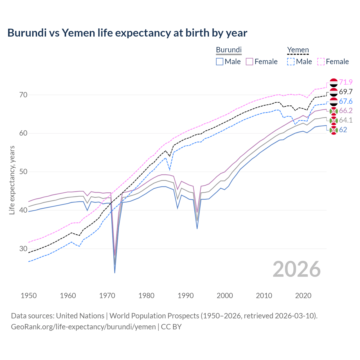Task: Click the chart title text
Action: [127, 33]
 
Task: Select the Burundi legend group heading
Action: [229, 50]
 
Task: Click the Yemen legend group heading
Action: [298, 50]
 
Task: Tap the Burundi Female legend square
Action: [249, 62]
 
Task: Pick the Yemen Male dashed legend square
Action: [291, 62]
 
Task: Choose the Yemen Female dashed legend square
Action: [321, 62]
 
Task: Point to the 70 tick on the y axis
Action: [23, 95]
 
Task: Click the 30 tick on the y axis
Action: [23, 249]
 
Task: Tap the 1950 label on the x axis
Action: [29, 296]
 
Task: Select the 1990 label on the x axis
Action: [186, 296]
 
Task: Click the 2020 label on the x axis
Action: [303, 296]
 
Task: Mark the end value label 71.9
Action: [346, 82]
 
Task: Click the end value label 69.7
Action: [346, 92]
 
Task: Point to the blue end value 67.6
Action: [346, 101]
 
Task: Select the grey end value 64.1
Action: [346, 120]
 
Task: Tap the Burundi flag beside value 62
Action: [334, 130]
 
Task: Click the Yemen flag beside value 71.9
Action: [334, 82]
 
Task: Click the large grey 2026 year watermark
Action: [296, 269]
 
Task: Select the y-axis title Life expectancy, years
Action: [12, 180]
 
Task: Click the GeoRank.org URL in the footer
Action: [83, 327]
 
